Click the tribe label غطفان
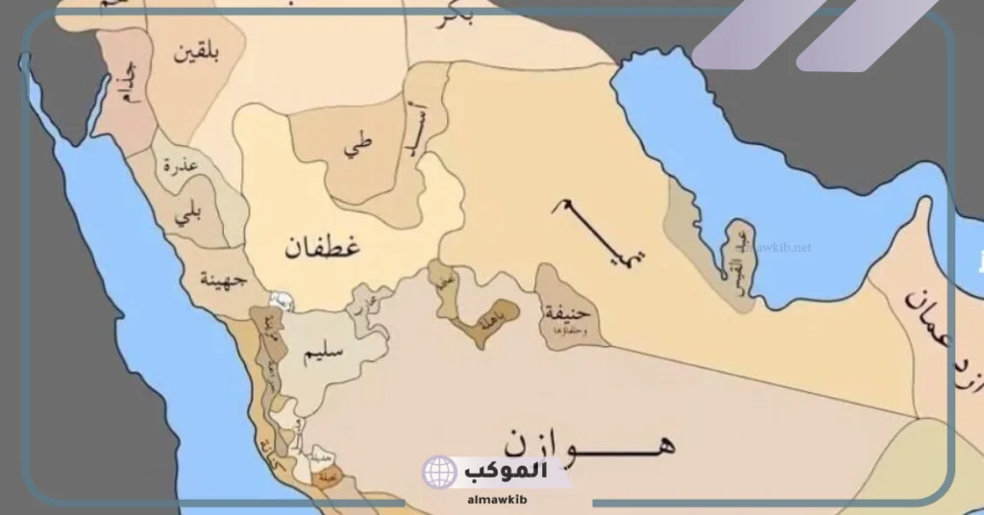pos(322,249)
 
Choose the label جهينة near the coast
pos(223,280)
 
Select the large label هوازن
pos(586,442)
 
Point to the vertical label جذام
pos(125,85)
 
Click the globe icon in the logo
pos(439,472)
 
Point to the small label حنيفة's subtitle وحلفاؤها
pos(568,331)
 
